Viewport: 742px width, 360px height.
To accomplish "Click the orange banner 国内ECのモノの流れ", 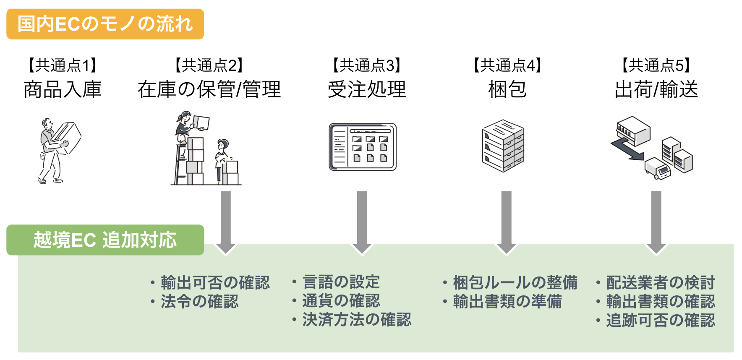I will pos(105,24).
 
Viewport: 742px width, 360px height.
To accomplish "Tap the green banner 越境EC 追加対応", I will pos(105,240).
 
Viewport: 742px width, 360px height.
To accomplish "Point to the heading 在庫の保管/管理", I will pos(209,89).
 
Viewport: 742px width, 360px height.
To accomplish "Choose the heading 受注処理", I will pos(367,89).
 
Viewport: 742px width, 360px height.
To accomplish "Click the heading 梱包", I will pos(507,89).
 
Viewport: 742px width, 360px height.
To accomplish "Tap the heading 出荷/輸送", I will pos(656,89).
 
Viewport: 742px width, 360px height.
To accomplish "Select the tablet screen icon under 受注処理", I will pos(363,147).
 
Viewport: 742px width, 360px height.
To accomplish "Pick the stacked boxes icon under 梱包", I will pos(503,146).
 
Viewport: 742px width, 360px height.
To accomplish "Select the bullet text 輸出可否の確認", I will pos(215,283).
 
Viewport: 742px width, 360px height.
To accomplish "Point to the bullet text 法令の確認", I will pos(199,302).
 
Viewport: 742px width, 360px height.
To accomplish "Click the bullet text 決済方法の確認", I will pos(357,320).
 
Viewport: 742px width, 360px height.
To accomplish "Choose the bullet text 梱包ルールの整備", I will pos(515,283).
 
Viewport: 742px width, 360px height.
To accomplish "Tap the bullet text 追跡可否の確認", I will pos(660,321).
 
